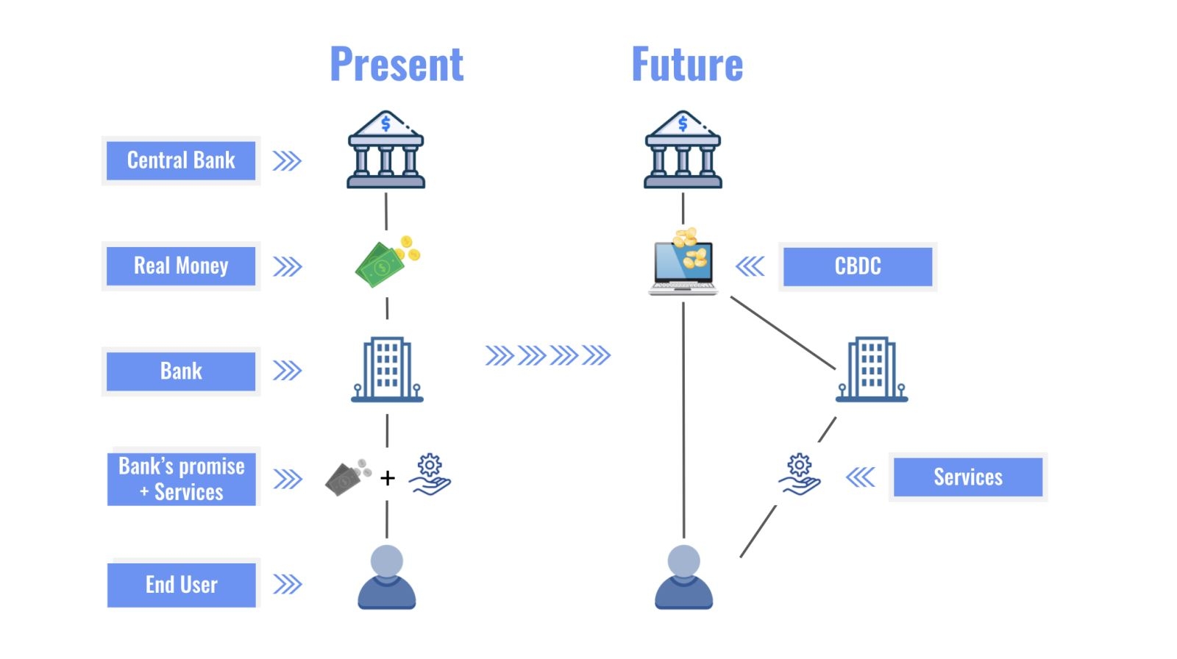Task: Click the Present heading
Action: (x=397, y=64)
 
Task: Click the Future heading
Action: (x=687, y=64)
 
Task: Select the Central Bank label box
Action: (x=181, y=160)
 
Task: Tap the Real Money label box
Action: (x=181, y=266)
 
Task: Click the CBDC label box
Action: (x=857, y=266)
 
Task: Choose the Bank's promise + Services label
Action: (x=182, y=479)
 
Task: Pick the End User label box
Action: (x=182, y=585)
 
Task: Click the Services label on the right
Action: (x=967, y=477)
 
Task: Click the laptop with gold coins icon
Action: (x=683, y=263)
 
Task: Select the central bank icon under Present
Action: (x=386, y=150)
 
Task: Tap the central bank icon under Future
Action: (x=683, y=150)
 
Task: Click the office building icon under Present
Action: (x=387, y=370)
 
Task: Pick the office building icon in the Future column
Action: (x=872, y=370)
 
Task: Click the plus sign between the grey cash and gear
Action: (x=388, y=478)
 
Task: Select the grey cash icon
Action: (x=346, y=478)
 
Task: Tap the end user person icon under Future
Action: (x=683, y=577)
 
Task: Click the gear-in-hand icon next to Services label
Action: (x=800, y=475)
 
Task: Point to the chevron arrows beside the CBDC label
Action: (x=750, y=266)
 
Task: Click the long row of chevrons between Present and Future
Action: (x=548, y=356)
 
